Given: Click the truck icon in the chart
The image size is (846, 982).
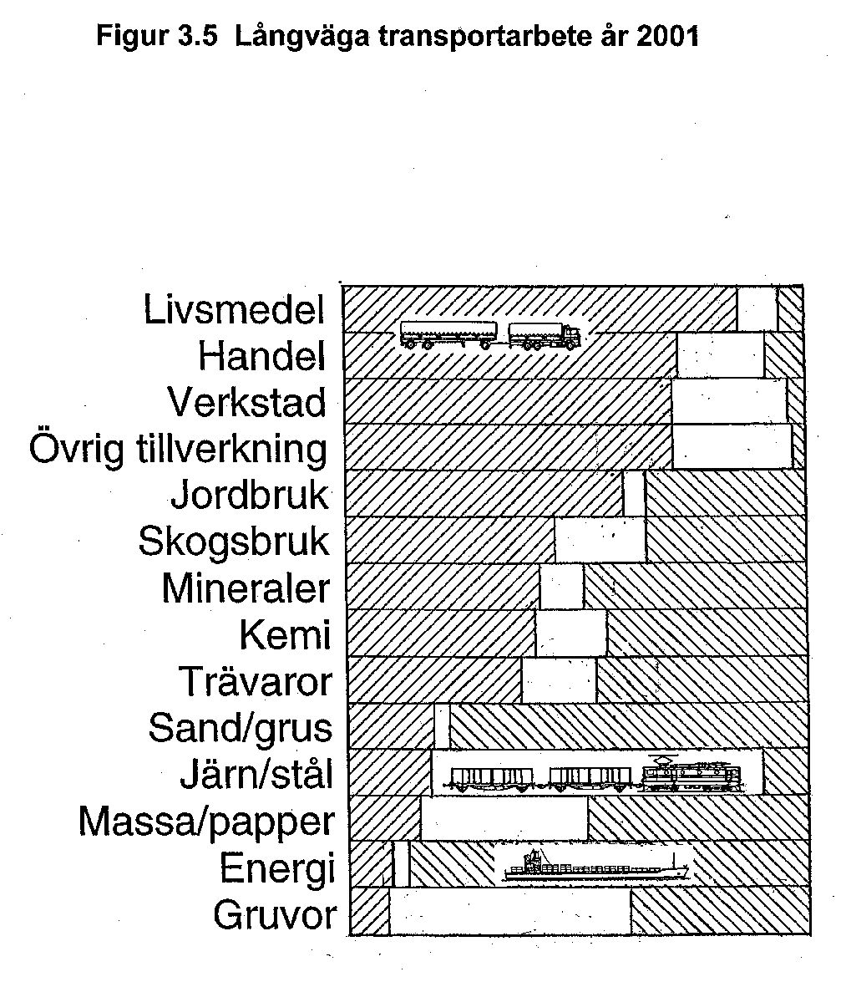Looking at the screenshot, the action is point(490,335).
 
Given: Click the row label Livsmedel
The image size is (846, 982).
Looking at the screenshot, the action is point(234,308).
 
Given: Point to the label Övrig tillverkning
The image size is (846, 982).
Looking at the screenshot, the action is point(179,449).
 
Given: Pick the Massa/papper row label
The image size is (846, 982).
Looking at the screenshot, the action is point(206,822).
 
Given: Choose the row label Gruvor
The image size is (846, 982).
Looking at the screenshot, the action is point(275,915).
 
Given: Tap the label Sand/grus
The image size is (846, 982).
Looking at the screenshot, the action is point(241,729).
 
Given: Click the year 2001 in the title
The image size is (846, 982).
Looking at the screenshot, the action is point(667,36).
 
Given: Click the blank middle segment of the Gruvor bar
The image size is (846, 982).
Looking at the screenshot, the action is point(510,911).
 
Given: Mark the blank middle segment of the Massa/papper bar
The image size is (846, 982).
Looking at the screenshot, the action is point(504,818).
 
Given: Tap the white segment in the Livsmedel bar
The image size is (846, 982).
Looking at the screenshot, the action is point(757,308).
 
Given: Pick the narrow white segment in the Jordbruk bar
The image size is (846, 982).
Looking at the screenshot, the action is point(635,493).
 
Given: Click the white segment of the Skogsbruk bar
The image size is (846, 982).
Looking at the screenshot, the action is point(600,539).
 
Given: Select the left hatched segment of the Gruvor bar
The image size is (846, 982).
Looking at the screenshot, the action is point(369,911).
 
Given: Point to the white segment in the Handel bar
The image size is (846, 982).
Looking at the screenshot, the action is point(721,354).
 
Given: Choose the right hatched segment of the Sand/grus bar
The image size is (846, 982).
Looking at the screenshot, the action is point(628,726).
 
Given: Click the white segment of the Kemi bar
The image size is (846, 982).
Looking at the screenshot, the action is point(570,633).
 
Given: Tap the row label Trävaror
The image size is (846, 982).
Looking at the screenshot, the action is point(255,681).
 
